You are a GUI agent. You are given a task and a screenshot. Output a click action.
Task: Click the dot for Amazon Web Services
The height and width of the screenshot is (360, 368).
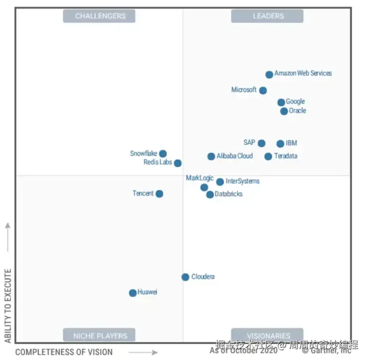[269, 75]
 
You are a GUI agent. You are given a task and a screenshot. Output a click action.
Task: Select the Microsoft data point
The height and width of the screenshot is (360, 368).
[263, 90]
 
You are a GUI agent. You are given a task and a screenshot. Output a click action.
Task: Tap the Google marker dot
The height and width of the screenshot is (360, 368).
[281, 102]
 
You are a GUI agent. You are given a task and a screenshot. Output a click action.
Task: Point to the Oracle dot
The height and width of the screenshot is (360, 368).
[284, 111]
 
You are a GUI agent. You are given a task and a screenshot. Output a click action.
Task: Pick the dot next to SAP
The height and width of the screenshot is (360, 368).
[262, 143]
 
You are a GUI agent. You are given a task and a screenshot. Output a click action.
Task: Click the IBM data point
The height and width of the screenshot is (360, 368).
[281, 144]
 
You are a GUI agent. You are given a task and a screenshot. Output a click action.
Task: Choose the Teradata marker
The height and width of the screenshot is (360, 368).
[268, 156]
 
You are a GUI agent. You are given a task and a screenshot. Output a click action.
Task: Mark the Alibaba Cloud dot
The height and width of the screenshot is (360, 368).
[211, 156]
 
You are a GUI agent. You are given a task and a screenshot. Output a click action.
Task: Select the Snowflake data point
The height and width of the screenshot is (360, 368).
[163, 154]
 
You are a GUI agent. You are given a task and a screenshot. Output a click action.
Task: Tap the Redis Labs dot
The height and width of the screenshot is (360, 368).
[177, 163]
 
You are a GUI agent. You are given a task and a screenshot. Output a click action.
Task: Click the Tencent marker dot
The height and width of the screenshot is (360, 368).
[159, 194]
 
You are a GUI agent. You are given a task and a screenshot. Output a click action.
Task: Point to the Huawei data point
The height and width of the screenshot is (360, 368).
[133, 293]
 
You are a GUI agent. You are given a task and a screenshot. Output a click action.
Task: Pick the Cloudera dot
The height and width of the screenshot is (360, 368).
[186, 277]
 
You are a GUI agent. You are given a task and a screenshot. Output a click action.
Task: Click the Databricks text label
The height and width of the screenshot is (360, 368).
[228, 195]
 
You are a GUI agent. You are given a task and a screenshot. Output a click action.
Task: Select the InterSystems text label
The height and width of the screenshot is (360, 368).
[242, 181]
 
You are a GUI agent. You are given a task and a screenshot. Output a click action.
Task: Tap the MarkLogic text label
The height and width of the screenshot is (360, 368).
[199, 178]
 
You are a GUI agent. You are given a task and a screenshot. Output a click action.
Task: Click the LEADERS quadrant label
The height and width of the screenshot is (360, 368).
[268, 16]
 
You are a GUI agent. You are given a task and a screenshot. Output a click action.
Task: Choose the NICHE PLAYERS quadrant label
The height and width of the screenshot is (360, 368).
[100, 335]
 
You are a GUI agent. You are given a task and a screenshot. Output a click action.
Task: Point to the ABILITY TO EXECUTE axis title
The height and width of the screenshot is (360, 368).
[8, 306]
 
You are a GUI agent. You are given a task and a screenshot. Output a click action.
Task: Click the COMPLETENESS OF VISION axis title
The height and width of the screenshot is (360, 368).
[64, 352]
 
